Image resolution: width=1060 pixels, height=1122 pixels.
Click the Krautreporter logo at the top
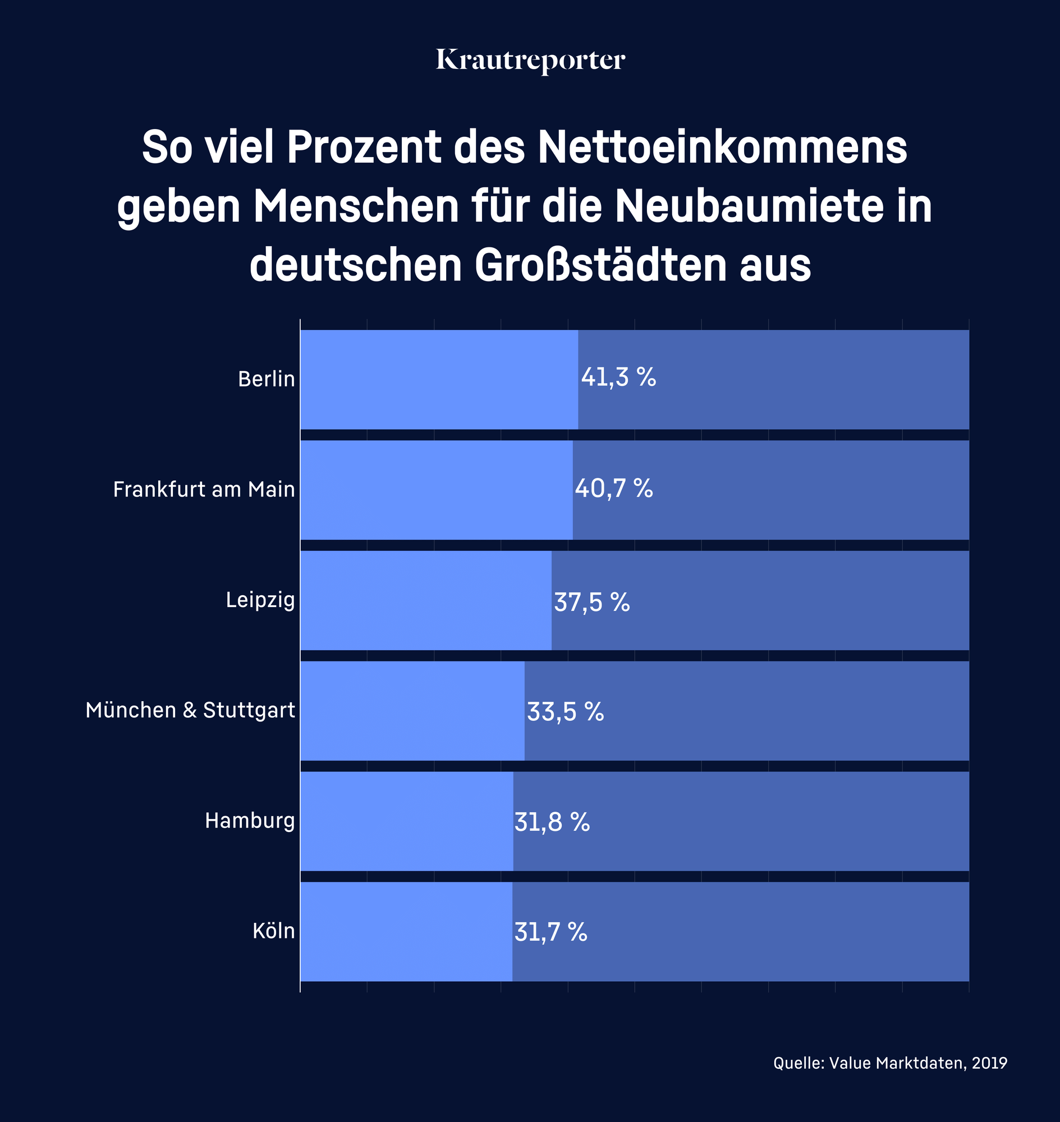(530, 61)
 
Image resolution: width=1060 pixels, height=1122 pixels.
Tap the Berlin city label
(266, 379)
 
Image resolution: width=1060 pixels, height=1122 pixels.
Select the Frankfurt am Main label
(204, 489)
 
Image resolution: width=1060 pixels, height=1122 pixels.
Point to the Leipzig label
(260, 600)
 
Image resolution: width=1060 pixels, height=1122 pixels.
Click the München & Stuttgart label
(190, 710)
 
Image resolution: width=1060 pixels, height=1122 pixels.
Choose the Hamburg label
(250, 820)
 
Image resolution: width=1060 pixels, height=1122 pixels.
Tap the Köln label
(273, 931)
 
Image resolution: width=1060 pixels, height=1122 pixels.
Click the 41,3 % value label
(618, 378)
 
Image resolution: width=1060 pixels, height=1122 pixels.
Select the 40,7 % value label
(614, 488)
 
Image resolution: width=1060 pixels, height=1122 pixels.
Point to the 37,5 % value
(591, 603)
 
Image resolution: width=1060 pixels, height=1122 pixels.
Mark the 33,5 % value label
(565, 712)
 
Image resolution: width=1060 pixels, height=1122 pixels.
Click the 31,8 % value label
(552, 822)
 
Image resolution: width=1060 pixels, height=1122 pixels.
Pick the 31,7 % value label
(550, 933)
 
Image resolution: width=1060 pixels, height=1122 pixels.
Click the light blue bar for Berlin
(438, 380)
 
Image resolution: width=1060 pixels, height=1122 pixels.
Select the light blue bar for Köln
(406, 932)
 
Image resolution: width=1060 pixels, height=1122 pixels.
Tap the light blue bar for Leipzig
(425, 600)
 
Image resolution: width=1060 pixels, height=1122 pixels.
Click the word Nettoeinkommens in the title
(722, 148)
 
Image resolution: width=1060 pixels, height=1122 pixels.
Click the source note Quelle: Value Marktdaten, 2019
(890, 1063)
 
